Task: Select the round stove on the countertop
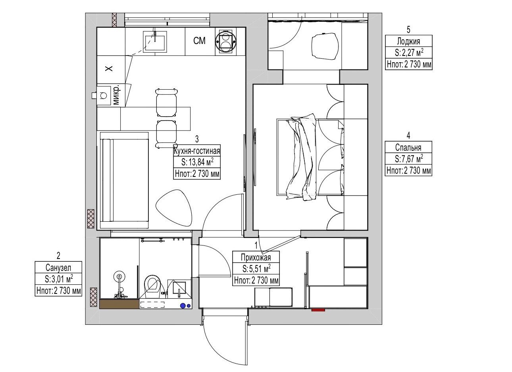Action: coord(225,41)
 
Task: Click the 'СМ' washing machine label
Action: coord(199,41)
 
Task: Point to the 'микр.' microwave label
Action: coord(116,95)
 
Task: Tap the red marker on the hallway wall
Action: coord(318,310)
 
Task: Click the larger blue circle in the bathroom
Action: coord(183,305)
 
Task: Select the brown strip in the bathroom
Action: coord(119,304)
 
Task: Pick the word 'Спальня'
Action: coord(408,148)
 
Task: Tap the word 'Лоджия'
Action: coord(408,41)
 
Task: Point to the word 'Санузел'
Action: coord(58,267)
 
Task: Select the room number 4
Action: coord(408,136)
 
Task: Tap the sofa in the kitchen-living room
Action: coord(124,180)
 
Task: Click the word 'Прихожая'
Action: coord(256,257)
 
